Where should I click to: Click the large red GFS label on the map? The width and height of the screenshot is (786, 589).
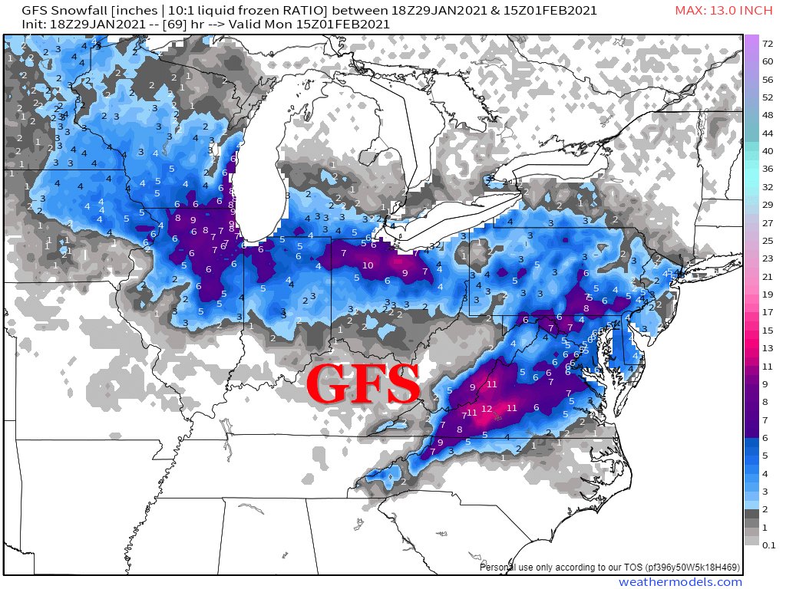pos(363,385)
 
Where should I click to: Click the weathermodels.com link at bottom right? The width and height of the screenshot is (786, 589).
pos(680,582)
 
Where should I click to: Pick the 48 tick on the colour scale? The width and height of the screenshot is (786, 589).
pos(768,115)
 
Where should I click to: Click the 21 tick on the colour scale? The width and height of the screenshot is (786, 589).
pos(768,276)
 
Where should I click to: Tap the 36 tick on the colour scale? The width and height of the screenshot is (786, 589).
pos(768,169)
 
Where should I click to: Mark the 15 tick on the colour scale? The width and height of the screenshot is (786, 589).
pos(768,330)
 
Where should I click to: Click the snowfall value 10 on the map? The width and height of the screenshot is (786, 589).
pos(368,265)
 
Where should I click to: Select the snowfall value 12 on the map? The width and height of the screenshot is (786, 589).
pos(487,409)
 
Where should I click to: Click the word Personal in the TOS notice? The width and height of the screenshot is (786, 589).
pos(500,568)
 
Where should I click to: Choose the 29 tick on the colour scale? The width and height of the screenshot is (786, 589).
pos(768,205)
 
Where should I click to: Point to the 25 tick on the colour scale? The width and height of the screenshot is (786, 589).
pos(768,241)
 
